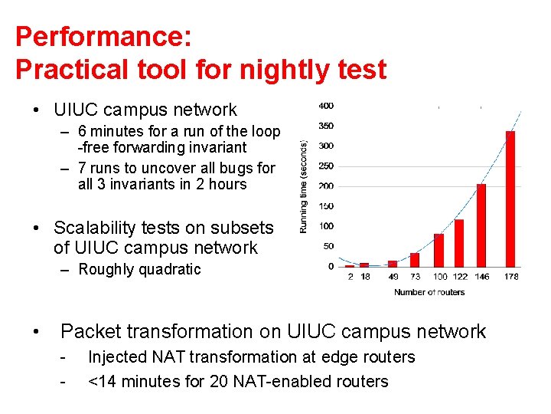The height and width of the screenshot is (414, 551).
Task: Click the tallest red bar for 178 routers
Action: click(510, 199)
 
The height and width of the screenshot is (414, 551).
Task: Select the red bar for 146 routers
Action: click(481, 225)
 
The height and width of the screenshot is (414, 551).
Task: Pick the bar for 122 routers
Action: click(459, 243)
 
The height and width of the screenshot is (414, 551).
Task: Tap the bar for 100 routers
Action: click(439, 250)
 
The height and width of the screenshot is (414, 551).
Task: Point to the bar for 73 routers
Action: click(415, 260)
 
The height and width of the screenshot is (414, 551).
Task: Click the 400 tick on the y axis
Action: click(326, 106)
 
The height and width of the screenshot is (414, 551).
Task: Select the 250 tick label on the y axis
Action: click(326, 166)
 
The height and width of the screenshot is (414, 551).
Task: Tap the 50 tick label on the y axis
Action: click(328, 246)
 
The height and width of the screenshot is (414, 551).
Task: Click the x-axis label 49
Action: click(393, 277)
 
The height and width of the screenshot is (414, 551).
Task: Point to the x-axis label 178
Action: click(510, 277)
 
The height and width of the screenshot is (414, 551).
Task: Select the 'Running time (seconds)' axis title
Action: click(304, 186)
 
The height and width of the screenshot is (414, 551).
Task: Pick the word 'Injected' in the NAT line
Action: click(116, 356)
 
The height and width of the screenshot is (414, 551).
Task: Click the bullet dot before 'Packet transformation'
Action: click(36, 332)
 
